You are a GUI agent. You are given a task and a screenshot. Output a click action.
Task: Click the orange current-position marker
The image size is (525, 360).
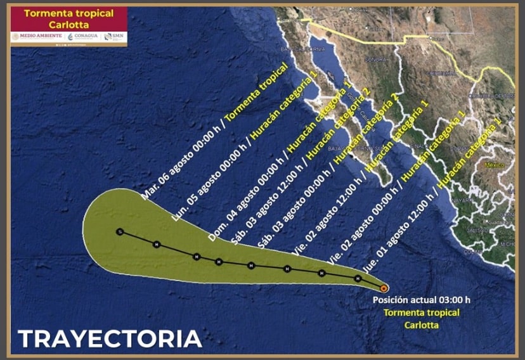384,288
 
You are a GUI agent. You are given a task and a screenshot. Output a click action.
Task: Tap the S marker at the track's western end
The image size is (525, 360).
119,232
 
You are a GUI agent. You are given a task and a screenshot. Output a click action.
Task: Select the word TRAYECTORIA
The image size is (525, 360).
109,338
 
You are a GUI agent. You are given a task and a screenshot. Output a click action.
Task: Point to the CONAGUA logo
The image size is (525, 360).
82,36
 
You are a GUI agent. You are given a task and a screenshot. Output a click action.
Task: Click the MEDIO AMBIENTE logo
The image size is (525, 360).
38,36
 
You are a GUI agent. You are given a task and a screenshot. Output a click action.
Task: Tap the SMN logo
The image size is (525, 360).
115,36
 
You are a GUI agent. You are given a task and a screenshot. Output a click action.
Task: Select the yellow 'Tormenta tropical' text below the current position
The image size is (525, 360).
422,313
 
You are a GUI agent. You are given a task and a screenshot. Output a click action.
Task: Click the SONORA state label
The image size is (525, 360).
375,60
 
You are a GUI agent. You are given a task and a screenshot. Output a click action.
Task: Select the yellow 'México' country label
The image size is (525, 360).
493,165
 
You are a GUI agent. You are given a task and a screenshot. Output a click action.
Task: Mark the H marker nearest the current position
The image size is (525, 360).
358,278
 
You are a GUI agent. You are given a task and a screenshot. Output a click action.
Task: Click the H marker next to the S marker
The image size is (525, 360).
157,244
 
